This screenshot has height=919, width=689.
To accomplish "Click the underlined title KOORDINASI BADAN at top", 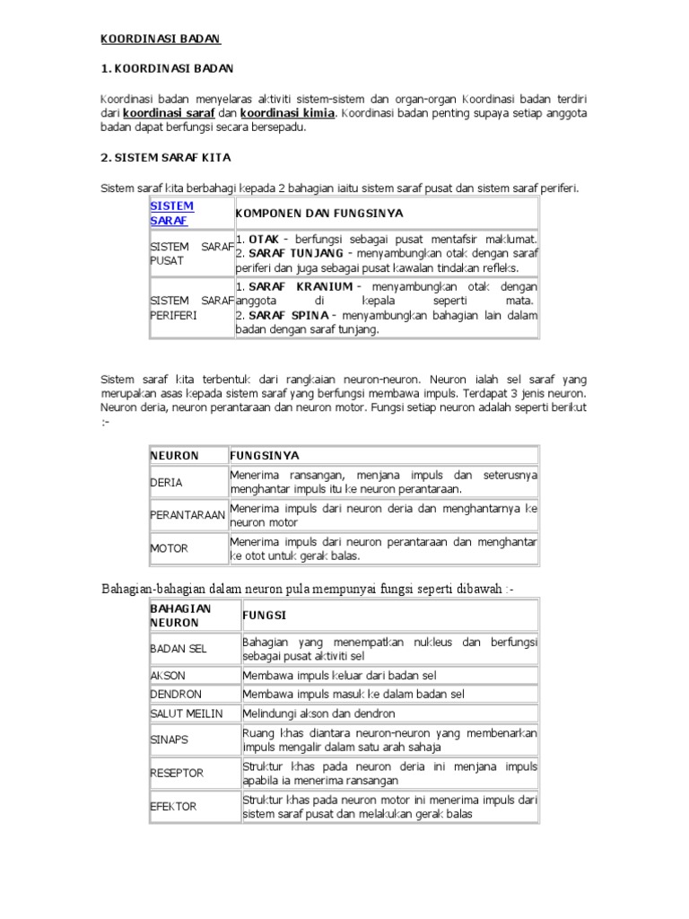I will [160, 39].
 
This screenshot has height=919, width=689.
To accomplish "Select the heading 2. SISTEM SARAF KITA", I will [165, 157].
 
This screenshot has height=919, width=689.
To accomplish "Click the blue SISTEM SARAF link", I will [171, 213].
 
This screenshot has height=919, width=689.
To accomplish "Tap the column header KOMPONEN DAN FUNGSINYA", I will [319, 214].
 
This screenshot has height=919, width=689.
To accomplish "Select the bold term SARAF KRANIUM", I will [294, 286].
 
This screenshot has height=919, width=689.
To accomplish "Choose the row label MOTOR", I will [169, 548].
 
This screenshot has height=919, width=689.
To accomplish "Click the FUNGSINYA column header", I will [265, 456].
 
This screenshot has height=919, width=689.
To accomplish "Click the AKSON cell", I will [168, 675].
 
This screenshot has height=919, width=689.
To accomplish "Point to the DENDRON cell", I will [176, 694].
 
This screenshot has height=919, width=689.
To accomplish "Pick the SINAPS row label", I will [170, 740].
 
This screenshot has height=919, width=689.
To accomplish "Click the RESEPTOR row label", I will [177, 773].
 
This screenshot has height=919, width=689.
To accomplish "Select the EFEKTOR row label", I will [173, 807].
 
